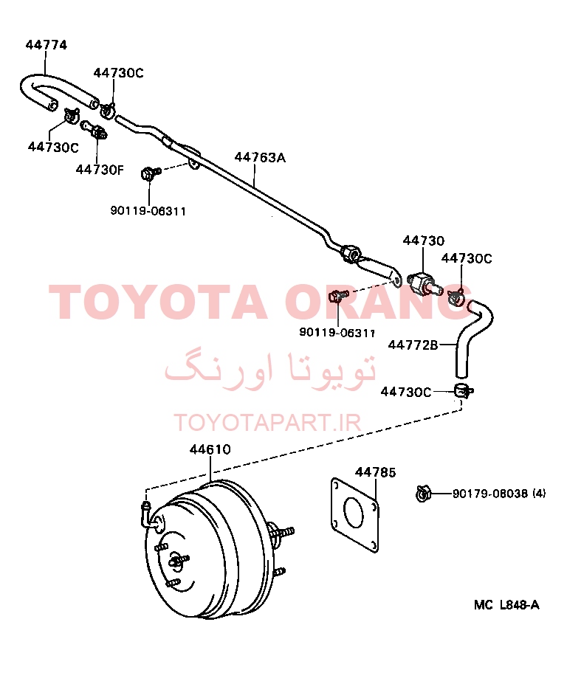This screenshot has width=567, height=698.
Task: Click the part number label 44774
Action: click(47, 45)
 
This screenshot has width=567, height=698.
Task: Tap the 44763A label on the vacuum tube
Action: click(260, 157)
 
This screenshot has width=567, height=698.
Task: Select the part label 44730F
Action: click(100, 170)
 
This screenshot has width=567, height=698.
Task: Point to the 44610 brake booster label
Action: click(210, 449)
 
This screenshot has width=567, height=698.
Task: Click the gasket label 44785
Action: click(375, 472)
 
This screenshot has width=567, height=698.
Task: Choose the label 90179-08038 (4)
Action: click(499, 493)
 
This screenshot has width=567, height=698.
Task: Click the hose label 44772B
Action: click(413, 345)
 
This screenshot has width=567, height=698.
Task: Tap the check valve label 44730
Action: click(424, 241)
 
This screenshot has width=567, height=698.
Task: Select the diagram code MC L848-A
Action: click(506, 605)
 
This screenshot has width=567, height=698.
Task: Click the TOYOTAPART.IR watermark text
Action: click(267, 423)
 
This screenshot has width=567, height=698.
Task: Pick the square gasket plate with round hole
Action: click(355, 516)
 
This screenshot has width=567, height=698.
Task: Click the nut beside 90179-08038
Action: click(422, 494)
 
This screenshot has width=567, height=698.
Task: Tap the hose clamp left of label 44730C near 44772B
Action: click(463, 391)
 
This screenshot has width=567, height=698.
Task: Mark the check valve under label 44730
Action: click(423, 284)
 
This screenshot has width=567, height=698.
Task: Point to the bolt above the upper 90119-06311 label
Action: click(150, 173)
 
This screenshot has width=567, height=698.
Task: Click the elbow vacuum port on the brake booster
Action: click(146, 515)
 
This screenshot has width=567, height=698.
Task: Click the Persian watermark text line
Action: click(270, 371)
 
